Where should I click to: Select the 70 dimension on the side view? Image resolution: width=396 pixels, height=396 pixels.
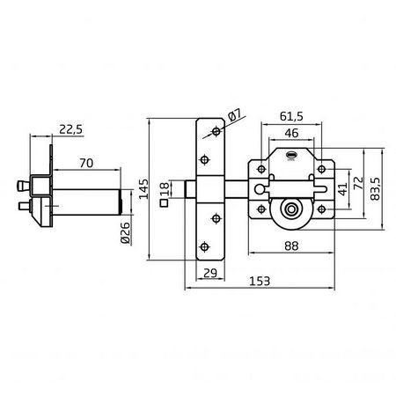tap(85, 163)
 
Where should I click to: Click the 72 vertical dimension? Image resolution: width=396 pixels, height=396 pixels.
tap(359, 182)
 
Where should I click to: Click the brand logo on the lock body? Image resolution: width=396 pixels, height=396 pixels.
tap(290, 158)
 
